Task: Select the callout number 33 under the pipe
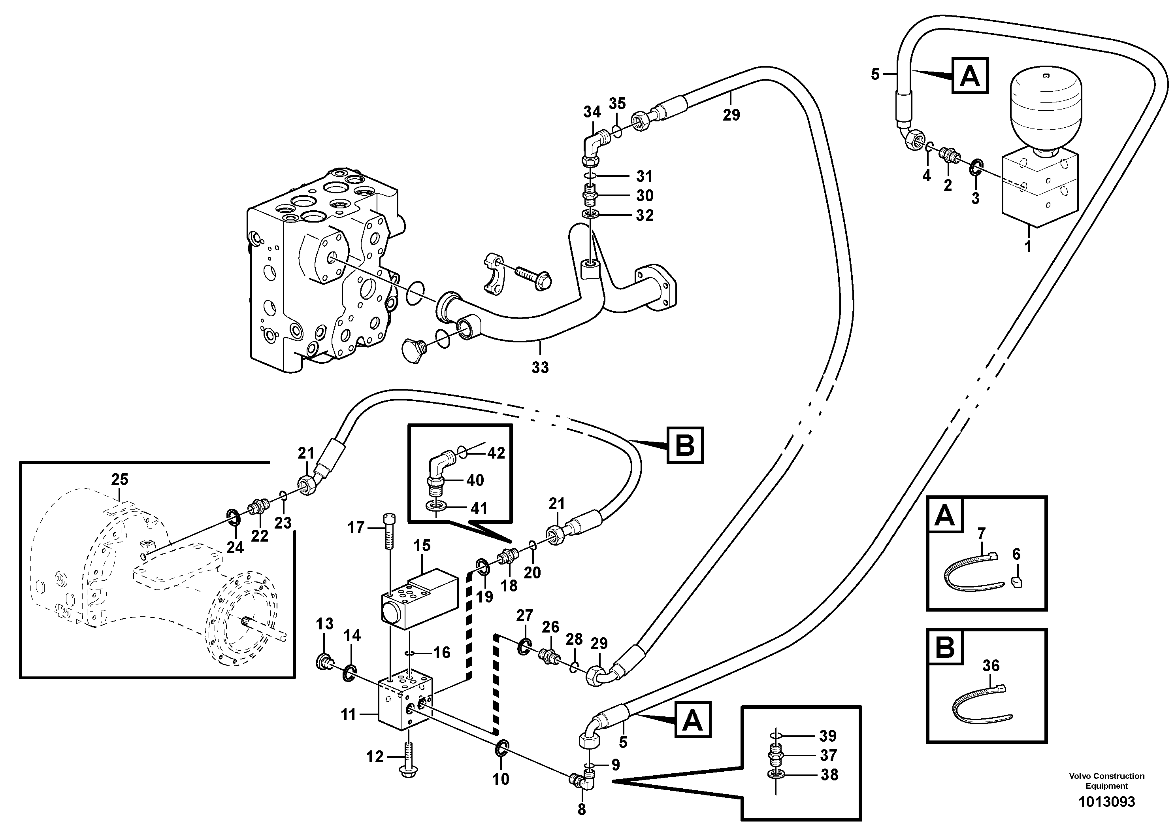540,367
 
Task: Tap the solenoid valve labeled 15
420,597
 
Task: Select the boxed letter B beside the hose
685,446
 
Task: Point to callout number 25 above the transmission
119,480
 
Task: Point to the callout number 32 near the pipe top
645,216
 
